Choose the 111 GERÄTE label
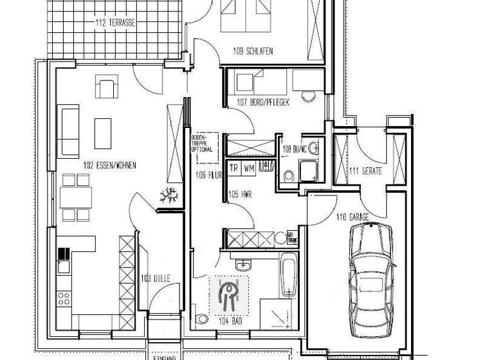365,171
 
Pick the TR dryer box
234,167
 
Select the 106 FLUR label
205,172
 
